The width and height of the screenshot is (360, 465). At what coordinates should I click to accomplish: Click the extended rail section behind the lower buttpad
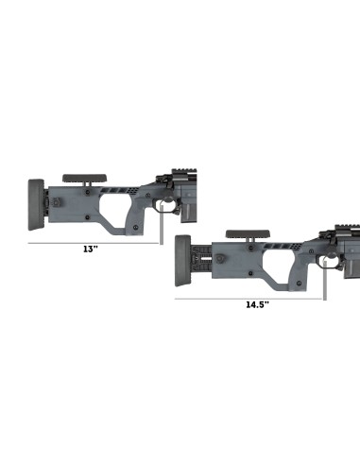[x=204, y=256]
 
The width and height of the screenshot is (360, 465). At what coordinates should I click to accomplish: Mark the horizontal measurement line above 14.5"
[x=250, y=298]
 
